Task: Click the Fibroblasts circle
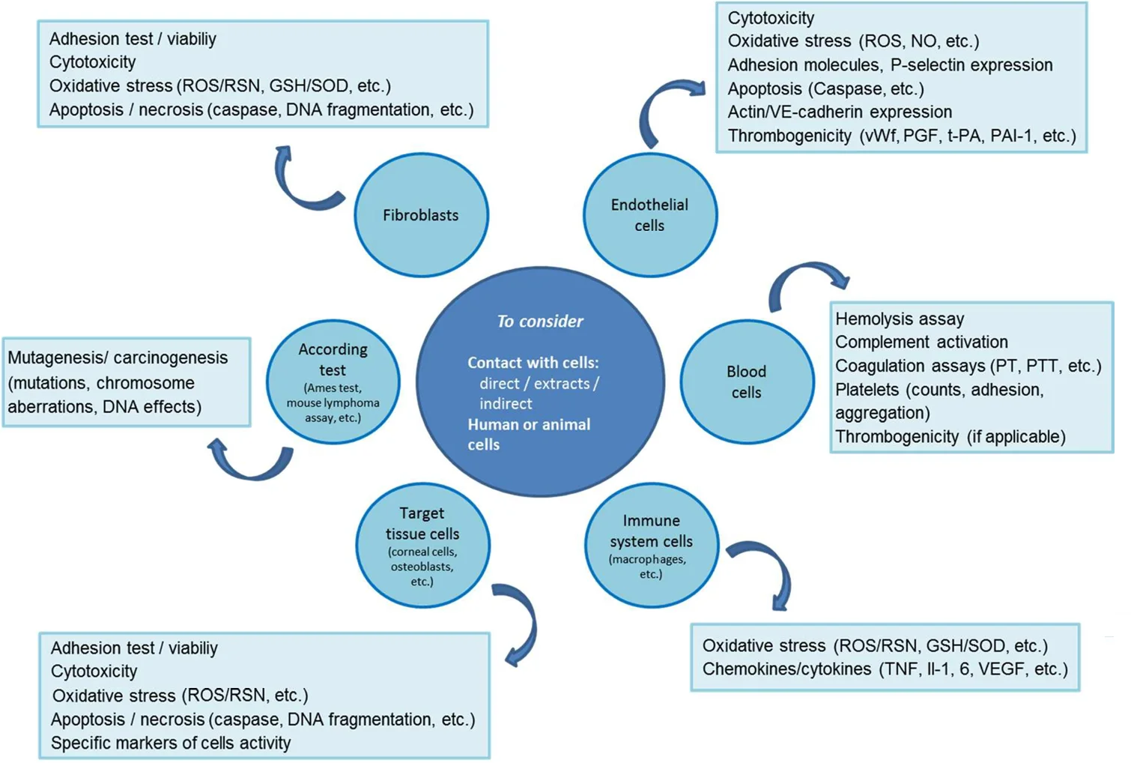(421, 215)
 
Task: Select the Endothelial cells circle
(649, 215)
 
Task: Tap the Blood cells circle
(746, 381)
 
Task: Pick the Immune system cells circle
(651, 545)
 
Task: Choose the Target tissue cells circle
(422, 545)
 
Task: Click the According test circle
(333, 382)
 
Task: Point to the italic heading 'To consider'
(539, 322)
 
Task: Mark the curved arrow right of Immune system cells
(768, 570)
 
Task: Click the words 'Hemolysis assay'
(900, 319)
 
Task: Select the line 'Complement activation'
(921, 343)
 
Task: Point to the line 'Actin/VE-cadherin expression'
(840, 112)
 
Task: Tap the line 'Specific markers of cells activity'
(171, 743)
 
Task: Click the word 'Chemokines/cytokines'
(786, 669)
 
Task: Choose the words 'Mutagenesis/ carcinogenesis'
(118, 358)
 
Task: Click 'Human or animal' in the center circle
(529, 424)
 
